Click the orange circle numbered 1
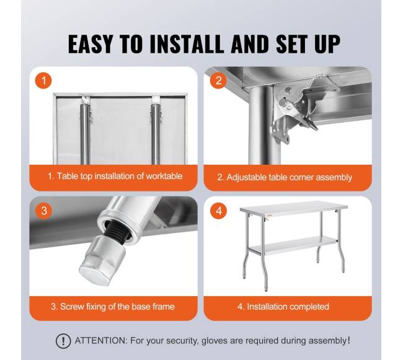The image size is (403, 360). (x=43, y=81)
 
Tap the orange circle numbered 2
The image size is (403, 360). (x=218, y=81)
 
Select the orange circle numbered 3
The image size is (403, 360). (x=43, y=211)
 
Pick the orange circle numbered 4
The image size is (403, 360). (x=218, y=211)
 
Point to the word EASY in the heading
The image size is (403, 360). (x=91, y=44)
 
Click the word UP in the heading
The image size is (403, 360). (x=327, y=44)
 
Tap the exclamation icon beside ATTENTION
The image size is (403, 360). (x=63, y=341)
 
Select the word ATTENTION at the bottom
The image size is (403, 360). (x=101, y=341)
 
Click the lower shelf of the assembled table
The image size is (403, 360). (x=293, y=245)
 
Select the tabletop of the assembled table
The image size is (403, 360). (x=293, y=208)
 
